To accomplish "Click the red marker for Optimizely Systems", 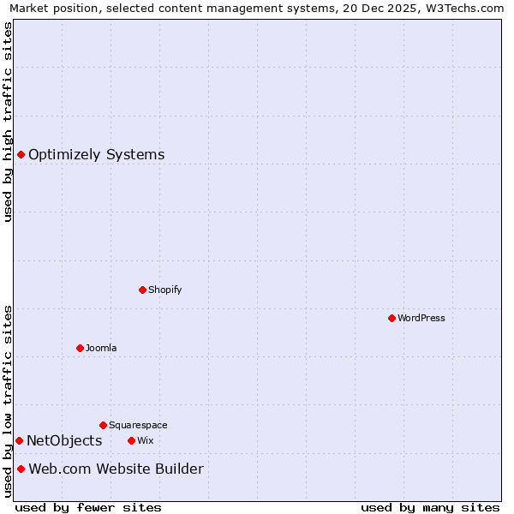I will [21, 154].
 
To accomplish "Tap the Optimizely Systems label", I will [96, 155].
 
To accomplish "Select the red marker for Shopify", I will [142, 290].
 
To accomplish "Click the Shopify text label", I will [164, 290].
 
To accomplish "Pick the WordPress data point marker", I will [391, 318].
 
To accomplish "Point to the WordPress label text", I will [421, 318].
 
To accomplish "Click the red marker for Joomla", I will [80, 348].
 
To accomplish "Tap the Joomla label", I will [101, 348].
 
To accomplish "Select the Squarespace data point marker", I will [103, 425].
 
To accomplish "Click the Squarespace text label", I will [138, 425].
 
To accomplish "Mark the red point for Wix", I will [131, 440].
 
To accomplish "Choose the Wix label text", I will [145, 440].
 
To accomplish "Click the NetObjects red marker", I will [19, 440].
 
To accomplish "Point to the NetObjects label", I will [64, 441].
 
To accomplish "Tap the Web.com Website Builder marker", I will [21, 469].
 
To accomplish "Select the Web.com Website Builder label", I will [116, 469].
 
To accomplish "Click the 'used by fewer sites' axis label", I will [88, 507].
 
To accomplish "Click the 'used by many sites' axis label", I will [430, 507].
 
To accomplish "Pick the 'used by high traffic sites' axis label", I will [8, 122].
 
